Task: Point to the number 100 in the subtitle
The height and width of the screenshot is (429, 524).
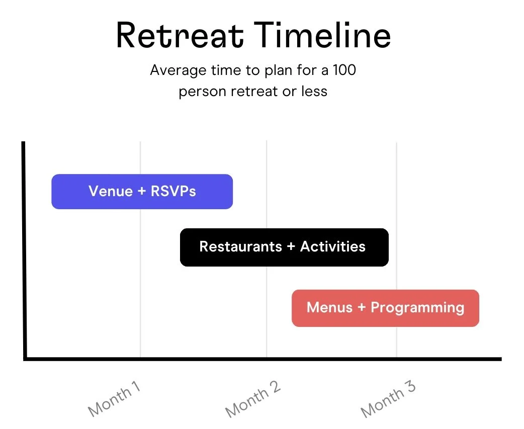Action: click(344, 70)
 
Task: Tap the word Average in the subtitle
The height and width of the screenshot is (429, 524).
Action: click(174, 70)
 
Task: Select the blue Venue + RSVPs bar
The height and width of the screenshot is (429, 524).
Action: click(142, 191)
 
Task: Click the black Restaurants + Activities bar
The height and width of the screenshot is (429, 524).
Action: click(284, 247)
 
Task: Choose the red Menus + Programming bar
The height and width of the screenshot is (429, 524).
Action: click(385, 308)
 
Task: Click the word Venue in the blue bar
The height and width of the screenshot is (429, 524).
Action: click(111, 191)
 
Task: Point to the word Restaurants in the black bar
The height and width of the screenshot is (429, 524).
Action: click(241, 246)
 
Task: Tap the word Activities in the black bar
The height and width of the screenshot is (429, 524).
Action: click(333, 246)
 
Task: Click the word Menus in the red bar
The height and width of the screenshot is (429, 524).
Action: click(330, 307)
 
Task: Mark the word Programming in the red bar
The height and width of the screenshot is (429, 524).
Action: click(417, 308)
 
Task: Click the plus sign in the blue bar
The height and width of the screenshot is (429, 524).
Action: click(142, 192)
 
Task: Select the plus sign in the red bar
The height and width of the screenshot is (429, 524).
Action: click(362, 308)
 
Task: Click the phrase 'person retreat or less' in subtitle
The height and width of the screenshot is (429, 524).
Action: click(253, 92)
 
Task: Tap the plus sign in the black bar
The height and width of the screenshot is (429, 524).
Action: click(291, 247)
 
